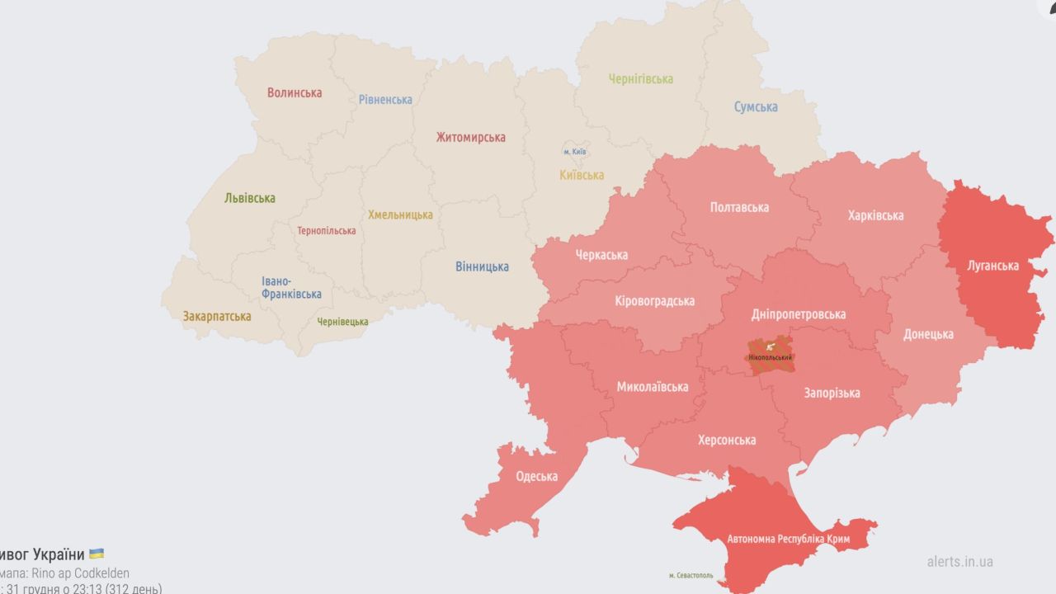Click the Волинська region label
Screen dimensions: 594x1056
[x=295, y=93]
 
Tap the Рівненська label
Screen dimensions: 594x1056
[x=385, y=100]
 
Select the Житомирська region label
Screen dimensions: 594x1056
[x=471, y=138]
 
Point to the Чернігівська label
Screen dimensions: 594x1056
[x=641, y=79]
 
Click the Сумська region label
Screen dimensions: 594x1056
[x=756, y=107]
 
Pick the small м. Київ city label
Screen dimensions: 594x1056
[x=575, y=152]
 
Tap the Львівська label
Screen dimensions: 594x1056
[x=250, y=198]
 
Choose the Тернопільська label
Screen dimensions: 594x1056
[x=327, y=231]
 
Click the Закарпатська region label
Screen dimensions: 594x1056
[x=217, y=316]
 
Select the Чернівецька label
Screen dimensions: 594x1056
[x=343, y=322]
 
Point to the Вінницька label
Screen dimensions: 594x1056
[x=482, y=267]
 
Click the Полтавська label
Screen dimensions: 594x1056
[x=739, y=208]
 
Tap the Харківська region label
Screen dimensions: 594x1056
[x=875, y=216]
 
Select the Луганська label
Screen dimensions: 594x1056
[x=992, y=266]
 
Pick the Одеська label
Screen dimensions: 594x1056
[x=536, y=477]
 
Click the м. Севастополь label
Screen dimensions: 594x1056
[x=691, y=575]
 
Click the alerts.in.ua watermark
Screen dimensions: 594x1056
[x=959, y=562]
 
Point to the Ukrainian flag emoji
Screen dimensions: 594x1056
[x=97, y=554]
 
